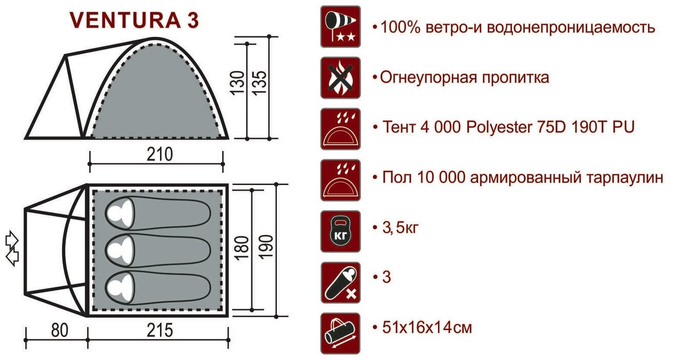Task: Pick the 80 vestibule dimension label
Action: tap(60, 331)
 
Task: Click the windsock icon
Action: tap(340, 27)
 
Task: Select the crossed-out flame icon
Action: tap(340, 78)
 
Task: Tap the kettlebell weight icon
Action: tap(340, 231)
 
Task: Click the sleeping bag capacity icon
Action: tap(340, 282)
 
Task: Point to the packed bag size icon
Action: tap(340, 333)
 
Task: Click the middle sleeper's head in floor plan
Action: tap(120, 250)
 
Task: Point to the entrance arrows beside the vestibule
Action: tap(12, 249)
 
